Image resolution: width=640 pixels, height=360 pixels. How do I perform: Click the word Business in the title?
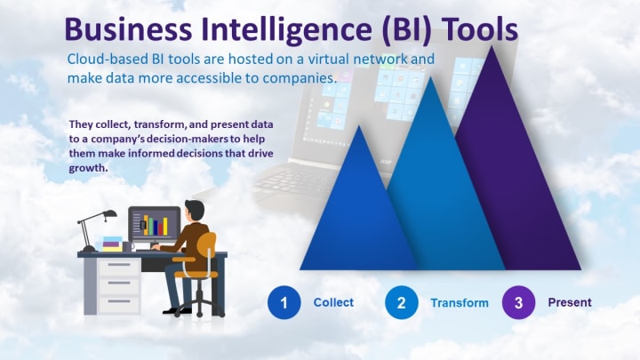128,29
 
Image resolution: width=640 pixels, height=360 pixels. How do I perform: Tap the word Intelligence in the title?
286,30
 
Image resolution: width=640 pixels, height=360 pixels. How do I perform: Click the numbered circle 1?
284,302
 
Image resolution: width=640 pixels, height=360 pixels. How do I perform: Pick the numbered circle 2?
401,302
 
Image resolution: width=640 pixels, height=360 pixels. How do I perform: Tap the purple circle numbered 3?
518,302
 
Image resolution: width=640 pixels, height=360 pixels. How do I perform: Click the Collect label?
333,302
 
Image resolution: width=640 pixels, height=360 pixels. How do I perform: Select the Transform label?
460,303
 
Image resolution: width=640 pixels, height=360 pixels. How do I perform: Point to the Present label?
570,302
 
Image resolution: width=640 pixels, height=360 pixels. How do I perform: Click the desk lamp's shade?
109,213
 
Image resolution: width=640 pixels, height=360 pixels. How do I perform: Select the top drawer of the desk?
119,267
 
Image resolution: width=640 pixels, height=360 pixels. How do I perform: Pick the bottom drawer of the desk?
119,304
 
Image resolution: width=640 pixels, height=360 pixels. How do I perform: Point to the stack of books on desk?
111,244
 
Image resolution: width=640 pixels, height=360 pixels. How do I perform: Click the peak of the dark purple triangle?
492,46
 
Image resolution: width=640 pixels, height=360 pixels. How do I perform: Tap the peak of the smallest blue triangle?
359,126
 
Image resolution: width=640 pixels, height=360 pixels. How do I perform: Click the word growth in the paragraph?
88,168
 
